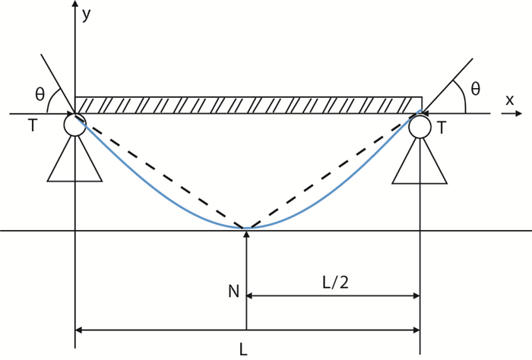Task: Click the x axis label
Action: [509, 99]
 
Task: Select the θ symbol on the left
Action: [40, 95]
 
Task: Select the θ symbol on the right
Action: [475, 90]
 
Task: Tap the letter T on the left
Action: [32, 126]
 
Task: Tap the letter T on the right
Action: [441, 128]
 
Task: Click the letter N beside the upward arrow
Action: [233, 290]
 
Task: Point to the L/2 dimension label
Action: [334, 283]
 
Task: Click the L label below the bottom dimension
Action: [243, 350]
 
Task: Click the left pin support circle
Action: [75, 125]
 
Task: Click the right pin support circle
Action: [420, 127]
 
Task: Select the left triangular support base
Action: [74, 162]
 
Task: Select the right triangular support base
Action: [420, 163]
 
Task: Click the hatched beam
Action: [249, 105]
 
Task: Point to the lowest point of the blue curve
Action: [247, 227]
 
